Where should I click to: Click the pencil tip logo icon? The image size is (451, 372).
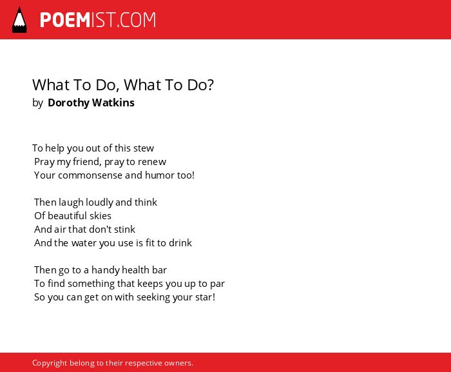pyautogui.click(x=19, y=20)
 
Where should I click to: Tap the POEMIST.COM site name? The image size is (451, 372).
pyautogui.click(x=98, y=20)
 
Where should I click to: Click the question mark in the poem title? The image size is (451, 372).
pyautogui.click(x=210, y=85)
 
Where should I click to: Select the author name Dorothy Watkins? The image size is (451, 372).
pyautogui.click(x=91, y=103)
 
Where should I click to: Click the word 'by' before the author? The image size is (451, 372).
pyautogui.click(x=37, y=103)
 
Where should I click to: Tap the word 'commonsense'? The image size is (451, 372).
pyautogui.click(x=90, y=175)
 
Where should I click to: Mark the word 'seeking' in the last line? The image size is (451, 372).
pyautogui.click(x=153, y=297)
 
